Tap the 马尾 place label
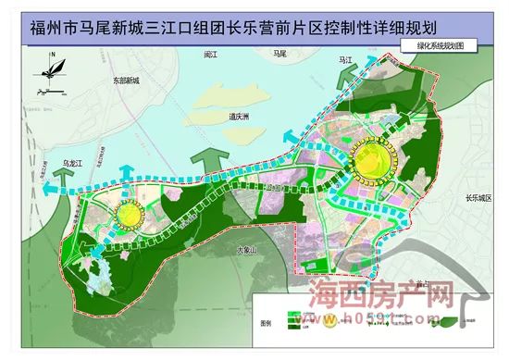point(274,56)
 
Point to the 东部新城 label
point(121,81)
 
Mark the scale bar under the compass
point(50,93)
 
